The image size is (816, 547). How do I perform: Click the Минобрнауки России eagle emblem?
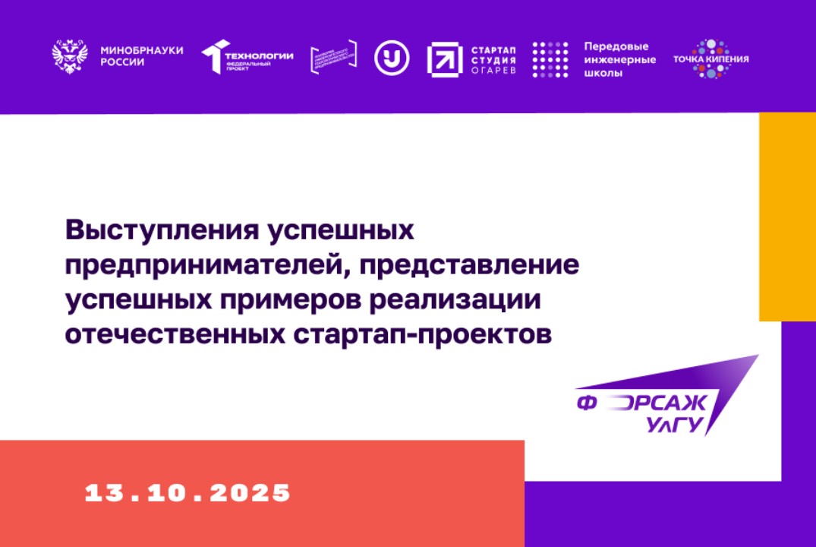[70, 57]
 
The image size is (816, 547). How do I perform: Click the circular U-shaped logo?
[392, 57]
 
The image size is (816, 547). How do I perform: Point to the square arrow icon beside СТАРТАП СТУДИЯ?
[444, 58]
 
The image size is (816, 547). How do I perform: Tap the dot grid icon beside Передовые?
[550, 59]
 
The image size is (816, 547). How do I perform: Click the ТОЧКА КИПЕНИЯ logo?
[710, 58]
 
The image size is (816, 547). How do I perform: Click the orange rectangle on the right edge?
[787, 217]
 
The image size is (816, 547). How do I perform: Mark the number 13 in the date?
[103, 493]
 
